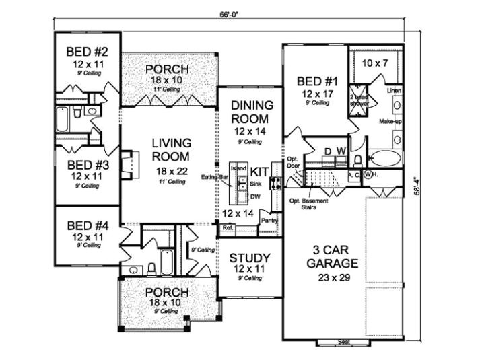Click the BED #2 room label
pos(83,52)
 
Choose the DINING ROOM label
pos(252,111)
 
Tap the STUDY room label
pos(250,258)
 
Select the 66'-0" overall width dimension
pos(229,13)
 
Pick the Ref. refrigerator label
pos(227,229)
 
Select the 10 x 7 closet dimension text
pos(375,63)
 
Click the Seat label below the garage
pos(343,343)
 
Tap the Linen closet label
pos(395,89)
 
